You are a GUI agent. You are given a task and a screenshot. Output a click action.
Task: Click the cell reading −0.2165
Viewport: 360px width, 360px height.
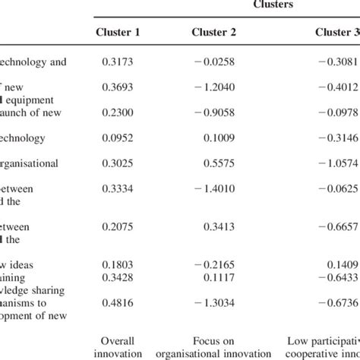coord(216,265)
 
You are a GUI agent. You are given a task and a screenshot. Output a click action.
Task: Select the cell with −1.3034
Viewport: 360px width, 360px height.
coord(216,302)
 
